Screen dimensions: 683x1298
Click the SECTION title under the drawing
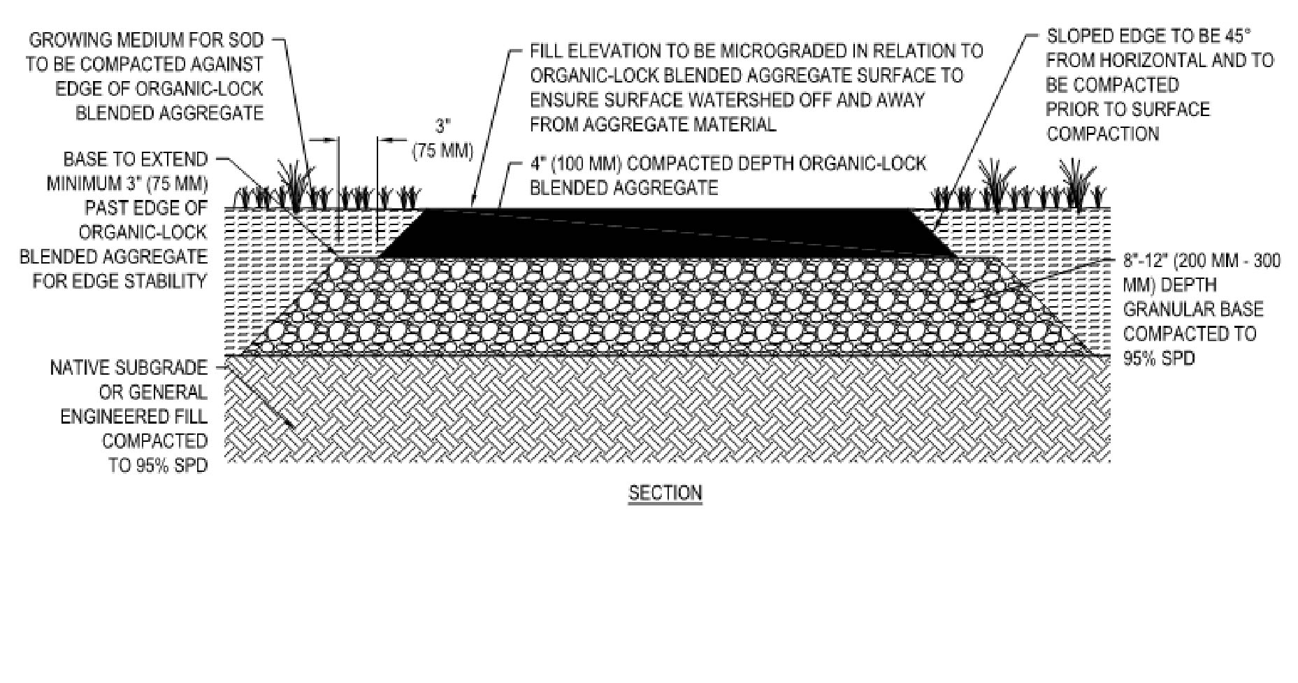(665, 493)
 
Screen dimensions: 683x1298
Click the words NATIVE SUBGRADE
(129, 368)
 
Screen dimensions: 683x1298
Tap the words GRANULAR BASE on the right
(1193, 310)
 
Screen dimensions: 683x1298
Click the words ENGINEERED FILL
(134, 417)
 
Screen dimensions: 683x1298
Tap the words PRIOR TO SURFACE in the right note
(1127, 110)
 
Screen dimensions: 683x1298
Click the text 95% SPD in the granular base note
(1159, 359)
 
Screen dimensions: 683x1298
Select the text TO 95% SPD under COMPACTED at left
(158, 466)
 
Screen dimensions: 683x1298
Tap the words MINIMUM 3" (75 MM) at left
(127, 184)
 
